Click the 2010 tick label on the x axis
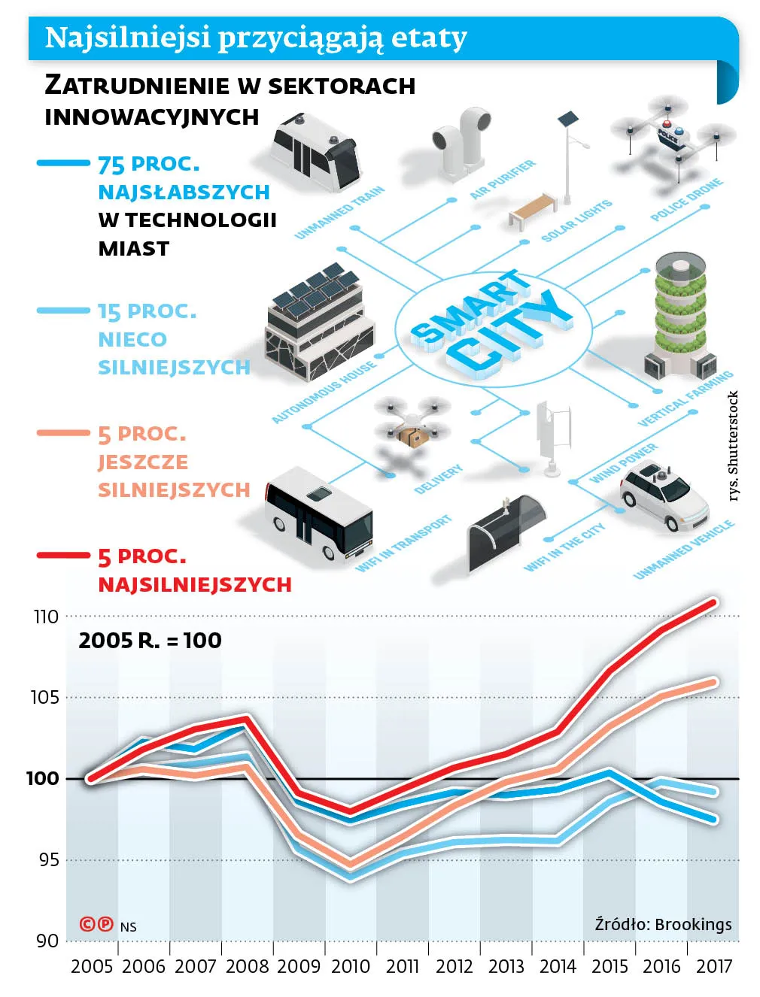tap(351, 966)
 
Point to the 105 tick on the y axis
tap(44, 698)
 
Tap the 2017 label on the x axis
tap(714, 966)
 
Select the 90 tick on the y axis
tap(47, 941)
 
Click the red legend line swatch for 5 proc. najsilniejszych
tap(63, 556)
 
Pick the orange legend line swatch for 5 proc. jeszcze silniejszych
tap(63, 433)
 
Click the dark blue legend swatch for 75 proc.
tap(63, 162)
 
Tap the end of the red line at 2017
tap(713, 602)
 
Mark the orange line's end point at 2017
tap(713, 683)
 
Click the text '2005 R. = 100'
tap(150, 641)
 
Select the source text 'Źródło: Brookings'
tap(663, 924)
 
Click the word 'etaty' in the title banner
tap(430, 38)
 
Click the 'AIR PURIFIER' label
tap(502, 179)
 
